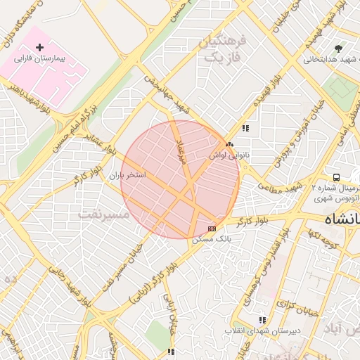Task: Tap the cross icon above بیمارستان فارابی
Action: click(39, 46)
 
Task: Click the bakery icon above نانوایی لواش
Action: click(230, 144)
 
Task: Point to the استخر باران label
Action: click(127, 174)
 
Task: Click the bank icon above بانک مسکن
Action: click(212, 229)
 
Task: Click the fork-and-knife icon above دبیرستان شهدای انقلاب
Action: click(262, 320)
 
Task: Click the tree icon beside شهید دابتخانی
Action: click(339, 49)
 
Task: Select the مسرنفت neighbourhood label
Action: click(105, 213)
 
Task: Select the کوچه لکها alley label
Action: click(323, 241)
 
